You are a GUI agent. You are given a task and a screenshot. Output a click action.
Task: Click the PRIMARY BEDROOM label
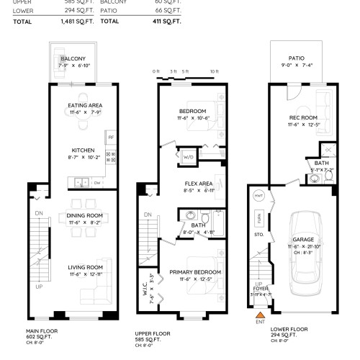[195, 271]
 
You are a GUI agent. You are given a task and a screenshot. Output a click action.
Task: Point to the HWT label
[259, 195]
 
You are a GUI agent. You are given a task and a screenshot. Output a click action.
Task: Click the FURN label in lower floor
[258, 217]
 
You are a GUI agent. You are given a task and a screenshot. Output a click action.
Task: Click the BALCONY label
[73, 58]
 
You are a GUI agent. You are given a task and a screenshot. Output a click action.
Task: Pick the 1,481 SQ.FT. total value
[78, 22]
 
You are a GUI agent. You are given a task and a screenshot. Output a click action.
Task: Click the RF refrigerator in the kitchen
[111, 136]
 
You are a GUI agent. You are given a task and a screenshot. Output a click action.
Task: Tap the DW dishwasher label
[96, 182]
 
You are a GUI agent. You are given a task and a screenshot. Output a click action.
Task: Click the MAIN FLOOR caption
[42, 331]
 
